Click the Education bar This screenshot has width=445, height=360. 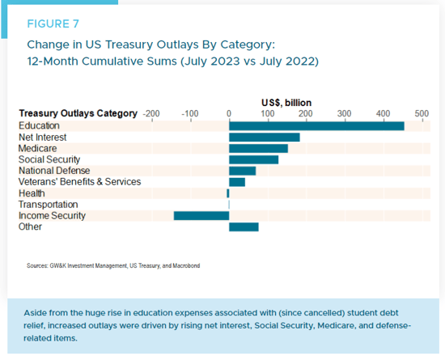(316, 126)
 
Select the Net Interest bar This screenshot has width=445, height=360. (265, 138)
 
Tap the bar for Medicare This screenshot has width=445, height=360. (258, 148)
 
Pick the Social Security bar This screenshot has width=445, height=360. (253, 159)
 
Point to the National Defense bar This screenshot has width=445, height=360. (242, 171)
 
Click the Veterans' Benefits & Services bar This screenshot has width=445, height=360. (237, 182)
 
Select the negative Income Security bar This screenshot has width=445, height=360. (201, 216)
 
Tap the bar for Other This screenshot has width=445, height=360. (244, 227)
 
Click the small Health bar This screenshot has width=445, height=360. (228, 193)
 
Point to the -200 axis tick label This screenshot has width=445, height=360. (151, 114)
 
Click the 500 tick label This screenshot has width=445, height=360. (422, 114)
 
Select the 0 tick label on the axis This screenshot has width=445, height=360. (229, 114)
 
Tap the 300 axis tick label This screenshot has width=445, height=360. (344, 114)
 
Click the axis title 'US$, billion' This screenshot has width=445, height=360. (286, 103)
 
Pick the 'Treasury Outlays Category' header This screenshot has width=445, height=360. (78, 113)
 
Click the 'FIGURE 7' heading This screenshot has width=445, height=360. (53, 23)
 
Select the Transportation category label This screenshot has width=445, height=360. (49, 205)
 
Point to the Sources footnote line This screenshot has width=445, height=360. (113, 266)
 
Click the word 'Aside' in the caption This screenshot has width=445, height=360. (34, 313)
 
